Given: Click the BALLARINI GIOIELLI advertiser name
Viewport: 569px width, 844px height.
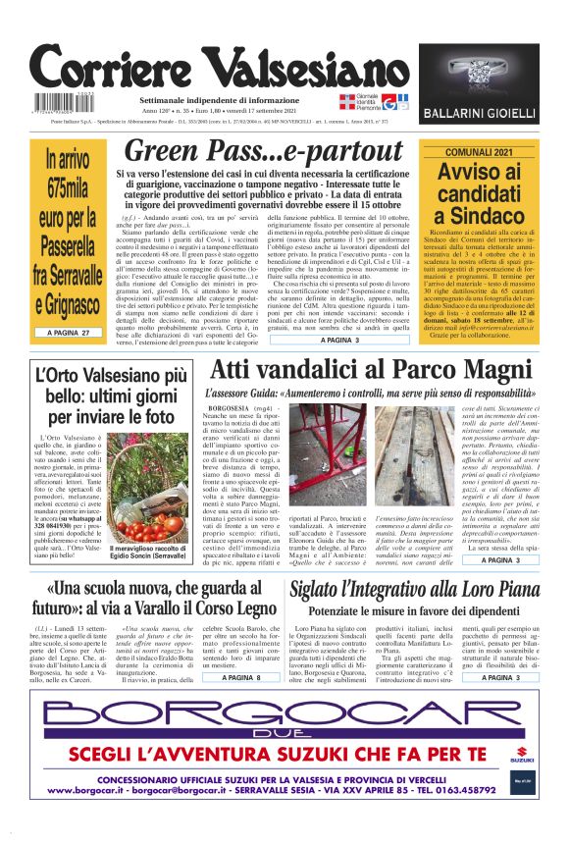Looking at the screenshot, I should coord(480,114).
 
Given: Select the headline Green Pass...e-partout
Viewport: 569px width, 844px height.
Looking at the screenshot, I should coord(264,150).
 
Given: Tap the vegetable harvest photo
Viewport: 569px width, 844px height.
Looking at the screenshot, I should coord(149,497).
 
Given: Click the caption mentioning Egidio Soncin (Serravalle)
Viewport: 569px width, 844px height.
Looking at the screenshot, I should coord(148,552).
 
